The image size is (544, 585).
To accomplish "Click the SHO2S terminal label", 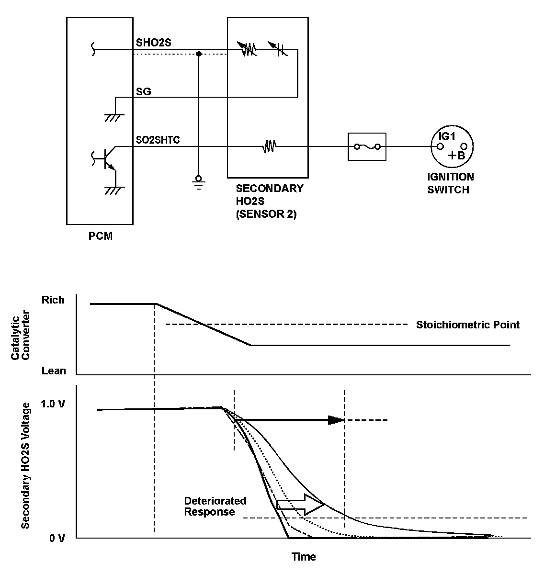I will point(153,43).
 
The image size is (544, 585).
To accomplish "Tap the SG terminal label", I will point(144,91).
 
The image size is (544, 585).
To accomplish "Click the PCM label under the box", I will point(100,236).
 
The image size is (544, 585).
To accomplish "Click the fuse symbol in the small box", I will point(366,146).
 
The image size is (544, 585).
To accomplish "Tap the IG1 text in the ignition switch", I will point(447,136).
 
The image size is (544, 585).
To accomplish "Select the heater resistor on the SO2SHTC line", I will point(269,146).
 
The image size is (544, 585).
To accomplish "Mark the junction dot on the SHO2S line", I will point(199,54).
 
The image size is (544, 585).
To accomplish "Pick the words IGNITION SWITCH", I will point(451,183).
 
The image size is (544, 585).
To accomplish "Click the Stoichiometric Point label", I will point(467,325).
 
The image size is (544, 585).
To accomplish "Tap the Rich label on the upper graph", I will point(53,300).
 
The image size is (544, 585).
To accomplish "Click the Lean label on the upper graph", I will point(54,371).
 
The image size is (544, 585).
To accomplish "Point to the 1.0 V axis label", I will point(53,404).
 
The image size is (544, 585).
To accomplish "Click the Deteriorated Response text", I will point(215,506).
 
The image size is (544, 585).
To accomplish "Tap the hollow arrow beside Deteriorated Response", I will point(301,505).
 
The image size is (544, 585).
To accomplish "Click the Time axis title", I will point(304,557).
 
